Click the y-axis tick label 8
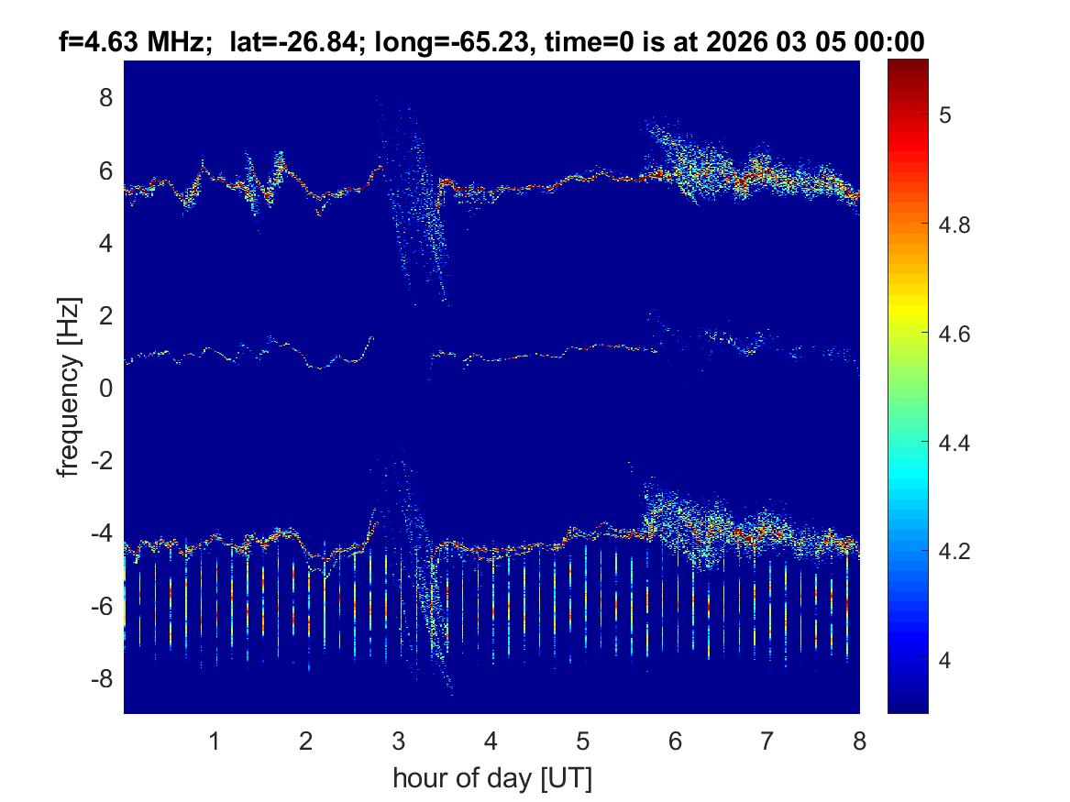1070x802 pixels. pos(105,98)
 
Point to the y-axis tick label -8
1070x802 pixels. pos(101,678)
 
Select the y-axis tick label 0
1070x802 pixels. pos(105,389)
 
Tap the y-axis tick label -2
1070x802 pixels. pos(101,461)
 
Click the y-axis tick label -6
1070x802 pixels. pos(101,606)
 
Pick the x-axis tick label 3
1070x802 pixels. pos(398,741)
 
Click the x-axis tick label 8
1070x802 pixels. pos(858,741)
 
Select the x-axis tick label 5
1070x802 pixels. pos(582,741)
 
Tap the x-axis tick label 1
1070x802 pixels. pos(215,741)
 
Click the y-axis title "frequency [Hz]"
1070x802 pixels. pos(68,387)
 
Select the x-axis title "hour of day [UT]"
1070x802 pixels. pos(491,779)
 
